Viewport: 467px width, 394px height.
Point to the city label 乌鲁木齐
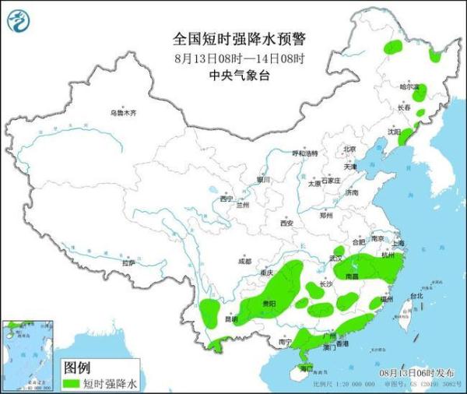[122, 113]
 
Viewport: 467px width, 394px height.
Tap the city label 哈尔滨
[409, 86]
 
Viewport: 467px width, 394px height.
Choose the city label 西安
[286, 223]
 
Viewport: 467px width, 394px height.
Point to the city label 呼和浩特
[305, 153]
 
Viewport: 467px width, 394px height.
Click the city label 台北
[416, 296]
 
